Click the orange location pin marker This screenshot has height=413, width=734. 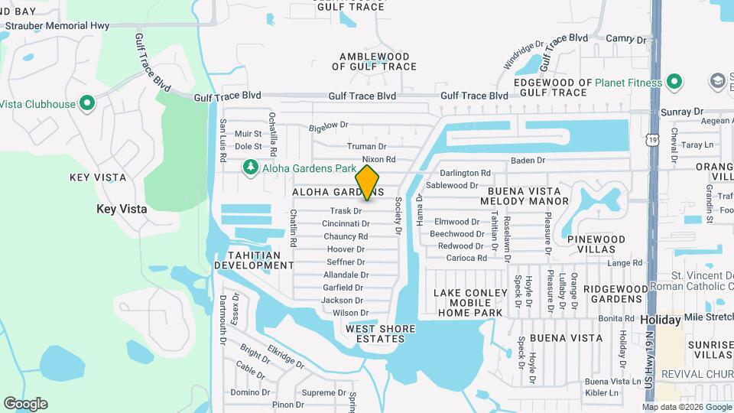tap(368, 183)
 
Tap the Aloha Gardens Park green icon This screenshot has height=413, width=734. tap(249, 167)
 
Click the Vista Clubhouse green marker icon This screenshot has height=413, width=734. tap(86, 103)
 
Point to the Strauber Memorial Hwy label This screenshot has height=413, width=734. tap(57, 25)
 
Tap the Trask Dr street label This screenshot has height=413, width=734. tap(346, 210)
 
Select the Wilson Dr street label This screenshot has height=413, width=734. tap(350, 313)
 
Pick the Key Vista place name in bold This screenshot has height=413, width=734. tap(116, 208)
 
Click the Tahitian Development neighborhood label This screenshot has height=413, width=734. tap(254, 260)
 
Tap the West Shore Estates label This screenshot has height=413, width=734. tap(381, 333)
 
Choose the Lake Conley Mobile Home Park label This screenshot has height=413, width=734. tap(470, 303)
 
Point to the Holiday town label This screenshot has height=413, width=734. tap(660, 319)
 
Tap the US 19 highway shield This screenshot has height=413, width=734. tap(651, 140)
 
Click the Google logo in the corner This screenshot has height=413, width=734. tap(25, 404)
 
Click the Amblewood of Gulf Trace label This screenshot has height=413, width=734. tap(375, 61)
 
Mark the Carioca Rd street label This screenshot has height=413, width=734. tap(467, 259)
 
